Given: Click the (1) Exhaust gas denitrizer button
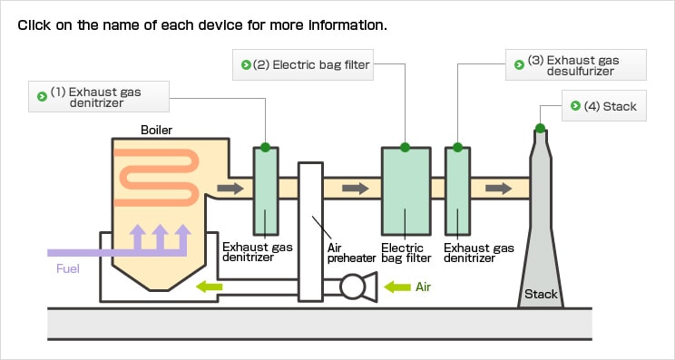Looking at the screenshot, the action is tap(99, 97).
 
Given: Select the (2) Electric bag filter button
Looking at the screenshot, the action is tap(303, 65).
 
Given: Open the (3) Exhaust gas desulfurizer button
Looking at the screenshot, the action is tap(575, 65).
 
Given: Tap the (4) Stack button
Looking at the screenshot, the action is tap(604, 106).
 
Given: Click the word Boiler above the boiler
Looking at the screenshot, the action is tap(156, 130).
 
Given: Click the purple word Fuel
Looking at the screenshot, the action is tap(68, 268).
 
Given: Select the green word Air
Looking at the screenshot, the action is tap(423, 287).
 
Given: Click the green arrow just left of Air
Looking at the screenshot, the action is tap(397, 287).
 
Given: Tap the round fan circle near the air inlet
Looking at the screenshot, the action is tap(353, 287).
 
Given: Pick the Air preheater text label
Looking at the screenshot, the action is tap(352, 253).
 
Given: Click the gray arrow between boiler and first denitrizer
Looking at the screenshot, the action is tap(230, 189).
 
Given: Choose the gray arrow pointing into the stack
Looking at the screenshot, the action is tap(498, 189).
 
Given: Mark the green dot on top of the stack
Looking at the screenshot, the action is tap(540, 128).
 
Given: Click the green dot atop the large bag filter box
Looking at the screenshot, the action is tap(405, 148).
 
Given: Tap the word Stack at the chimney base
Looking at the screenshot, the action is tap(541, 294).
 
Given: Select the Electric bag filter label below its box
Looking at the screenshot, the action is tap(406, 253).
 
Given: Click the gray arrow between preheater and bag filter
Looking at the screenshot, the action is tap(355, 189).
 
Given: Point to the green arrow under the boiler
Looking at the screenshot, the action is tap(210, 287).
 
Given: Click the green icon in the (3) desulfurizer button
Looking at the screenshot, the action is tap(519, 65).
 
